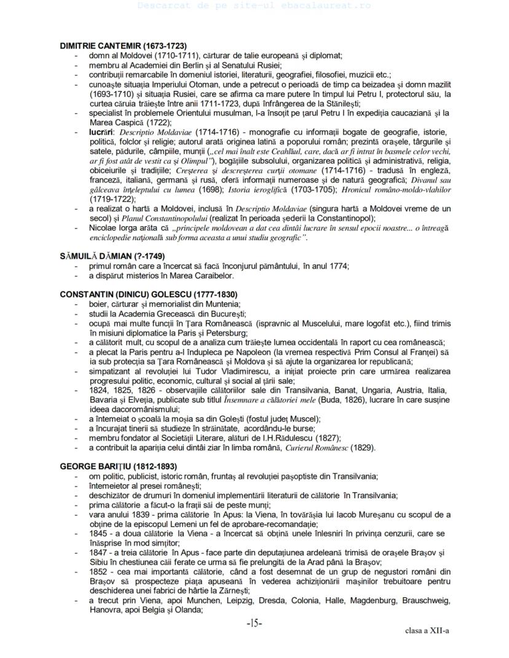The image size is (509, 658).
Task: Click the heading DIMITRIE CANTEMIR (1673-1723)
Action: [123, 46]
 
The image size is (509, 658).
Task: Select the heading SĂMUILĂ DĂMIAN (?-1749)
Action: [112, 256]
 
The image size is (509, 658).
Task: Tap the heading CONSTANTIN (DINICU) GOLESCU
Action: [149, 294]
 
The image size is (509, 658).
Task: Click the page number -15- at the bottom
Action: [254, 623]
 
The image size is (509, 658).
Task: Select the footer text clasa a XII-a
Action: [427, 630]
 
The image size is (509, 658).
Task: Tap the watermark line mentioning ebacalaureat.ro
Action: [254, 6]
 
